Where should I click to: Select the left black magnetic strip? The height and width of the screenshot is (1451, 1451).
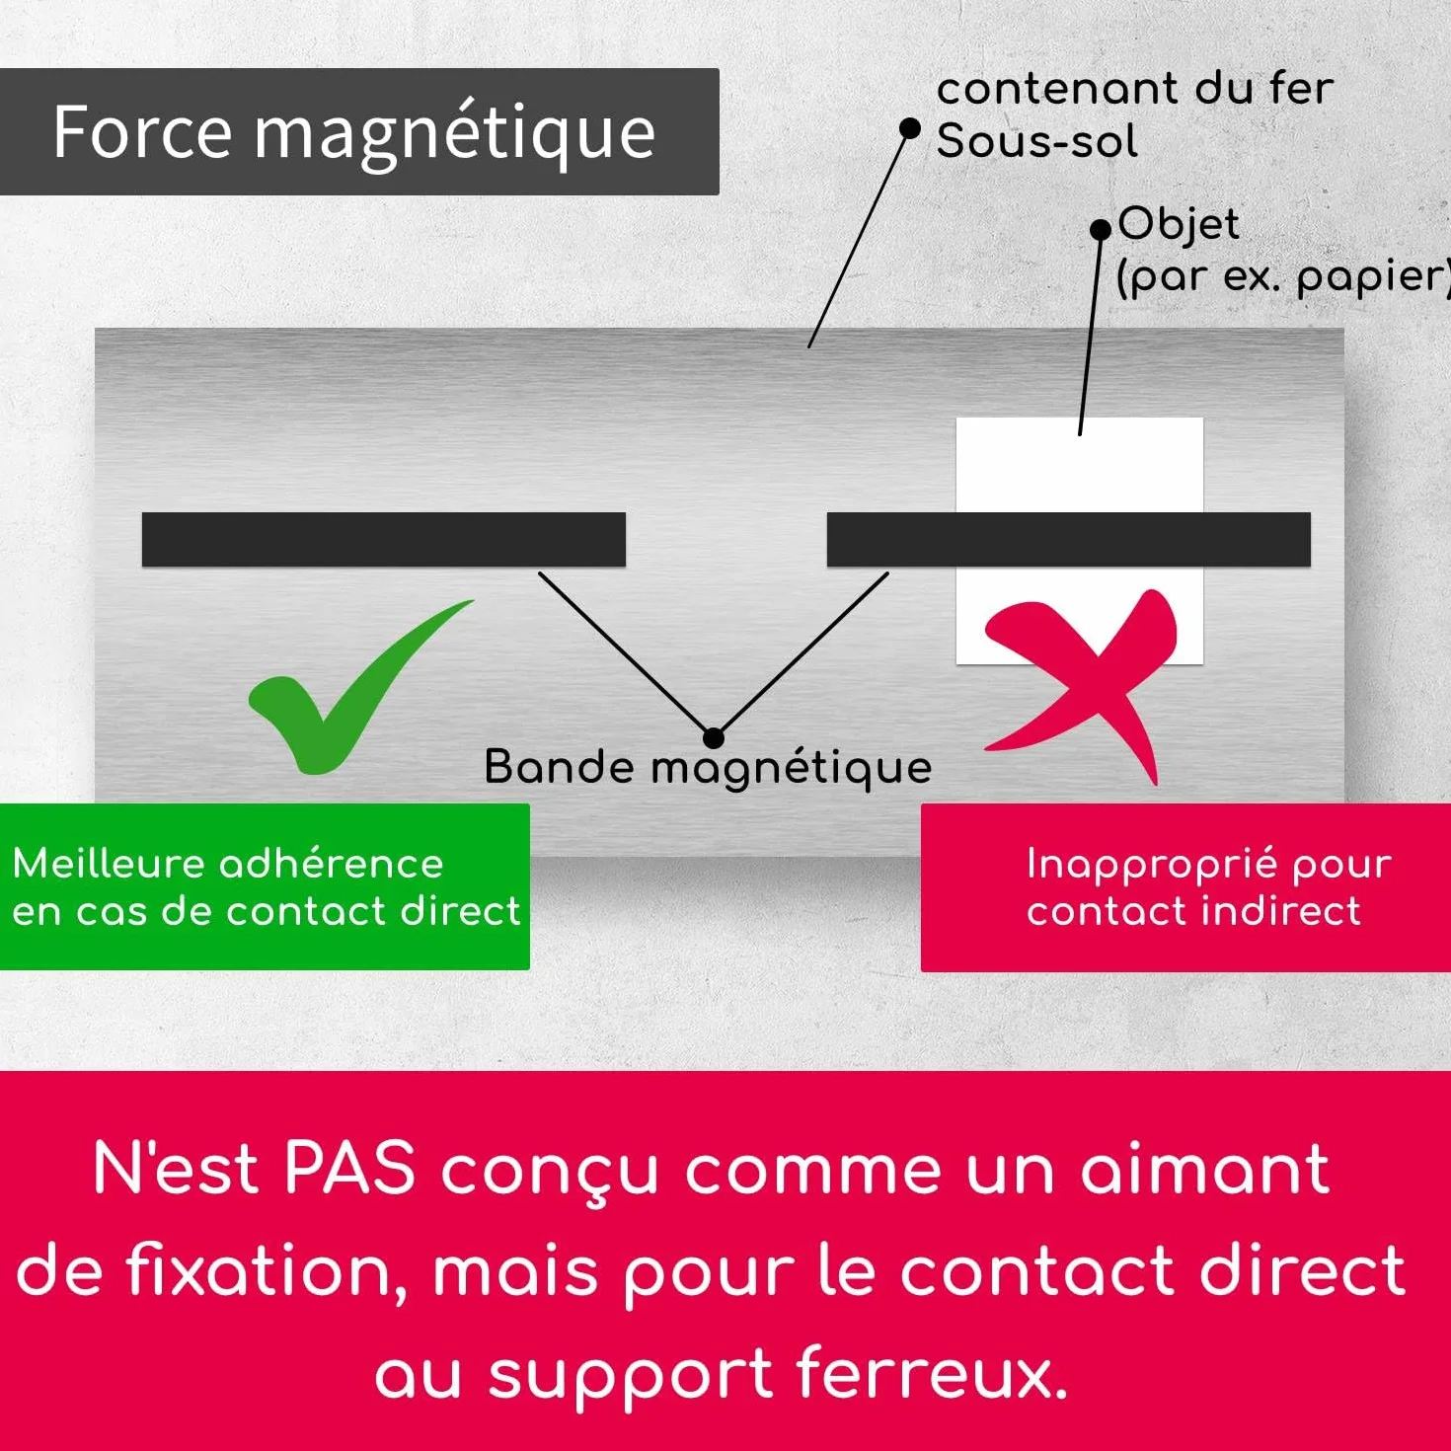click(383, 539)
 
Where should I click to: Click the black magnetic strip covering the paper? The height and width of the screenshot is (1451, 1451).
click(1068, 539)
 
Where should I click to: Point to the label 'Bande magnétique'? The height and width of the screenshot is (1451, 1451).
click(708, 768)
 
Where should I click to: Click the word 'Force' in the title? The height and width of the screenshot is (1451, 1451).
click(142, 132)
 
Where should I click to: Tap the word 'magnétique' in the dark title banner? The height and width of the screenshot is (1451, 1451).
click(455, 135)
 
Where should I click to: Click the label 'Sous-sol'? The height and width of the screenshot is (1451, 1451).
click(1036, 141)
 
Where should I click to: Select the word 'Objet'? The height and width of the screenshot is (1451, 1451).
click(1179, 224)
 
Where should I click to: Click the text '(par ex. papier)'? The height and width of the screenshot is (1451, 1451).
click(1283, 277)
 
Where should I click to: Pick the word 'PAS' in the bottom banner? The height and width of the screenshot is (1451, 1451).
click(350, 1169)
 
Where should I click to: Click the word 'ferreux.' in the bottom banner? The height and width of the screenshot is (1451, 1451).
click(932, 1373)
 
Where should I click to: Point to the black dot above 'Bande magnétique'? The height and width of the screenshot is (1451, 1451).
click(713, 738)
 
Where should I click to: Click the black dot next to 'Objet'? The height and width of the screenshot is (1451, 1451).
click(1101, 230)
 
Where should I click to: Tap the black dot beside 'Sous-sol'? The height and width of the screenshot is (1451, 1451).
click(910, 128)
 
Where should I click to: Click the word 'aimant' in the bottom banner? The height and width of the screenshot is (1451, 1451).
click(1205, 1169)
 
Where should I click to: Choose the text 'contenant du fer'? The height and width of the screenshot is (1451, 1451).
click(1135, 88)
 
